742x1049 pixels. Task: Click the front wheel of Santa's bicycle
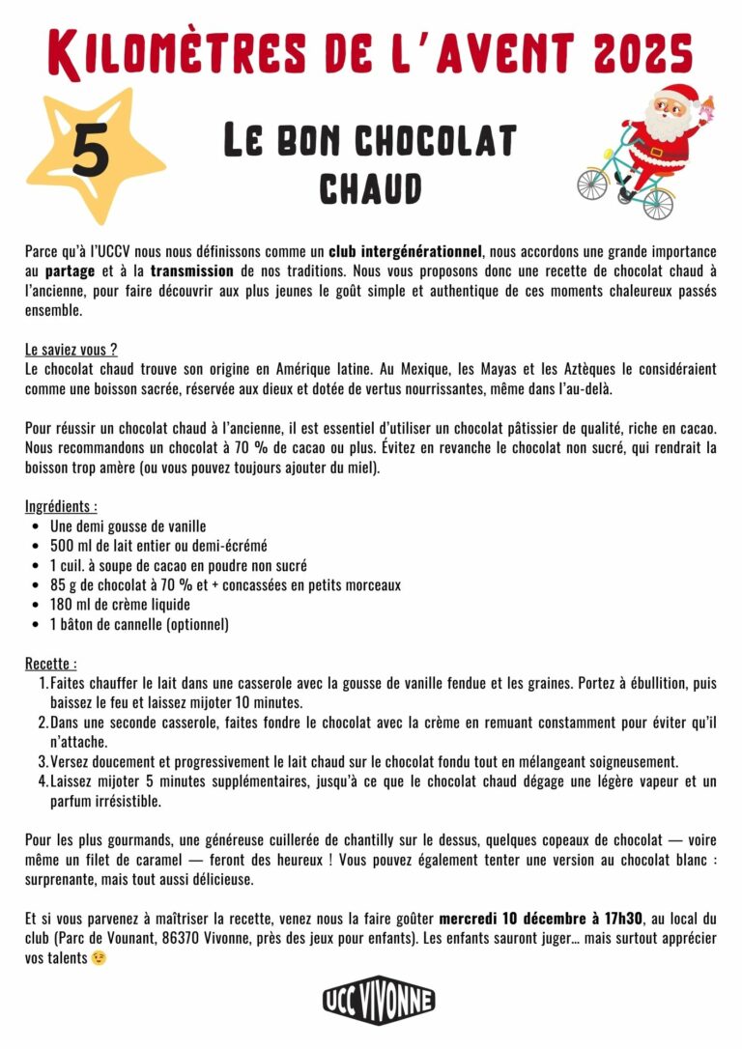click(x=591, y=183)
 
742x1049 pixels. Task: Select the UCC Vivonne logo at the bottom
click(x=379, y=1000)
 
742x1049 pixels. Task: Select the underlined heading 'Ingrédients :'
click(x=61, y=506)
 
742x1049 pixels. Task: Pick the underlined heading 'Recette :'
click(x=51, y=664)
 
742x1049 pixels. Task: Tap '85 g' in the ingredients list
click(x=65, y=585)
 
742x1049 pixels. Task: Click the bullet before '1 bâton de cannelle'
click(x=36, y=625)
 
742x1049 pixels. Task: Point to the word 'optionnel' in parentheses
click(x=197, y=625)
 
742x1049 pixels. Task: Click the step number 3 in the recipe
click(x=43, y=761)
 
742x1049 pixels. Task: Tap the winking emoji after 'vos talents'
click(x=99, y=958)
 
